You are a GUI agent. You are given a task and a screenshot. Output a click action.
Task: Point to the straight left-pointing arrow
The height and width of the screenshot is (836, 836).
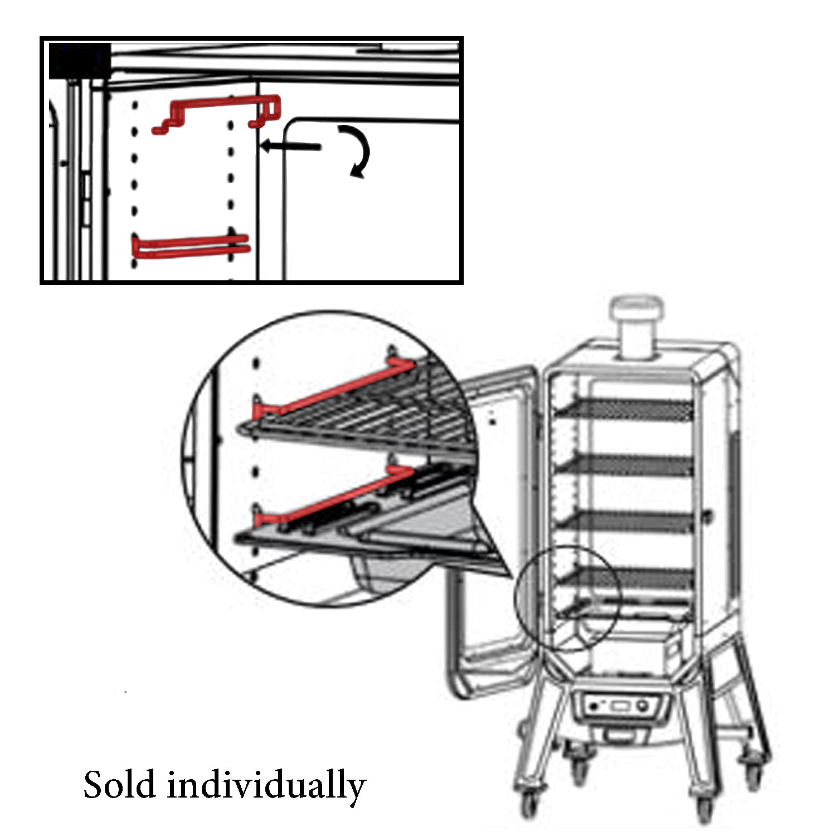pos(291,147)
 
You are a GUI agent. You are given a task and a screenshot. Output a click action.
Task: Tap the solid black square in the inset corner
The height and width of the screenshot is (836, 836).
pos(79,60)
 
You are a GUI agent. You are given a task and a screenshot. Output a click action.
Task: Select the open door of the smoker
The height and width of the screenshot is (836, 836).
pos(490,529)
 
